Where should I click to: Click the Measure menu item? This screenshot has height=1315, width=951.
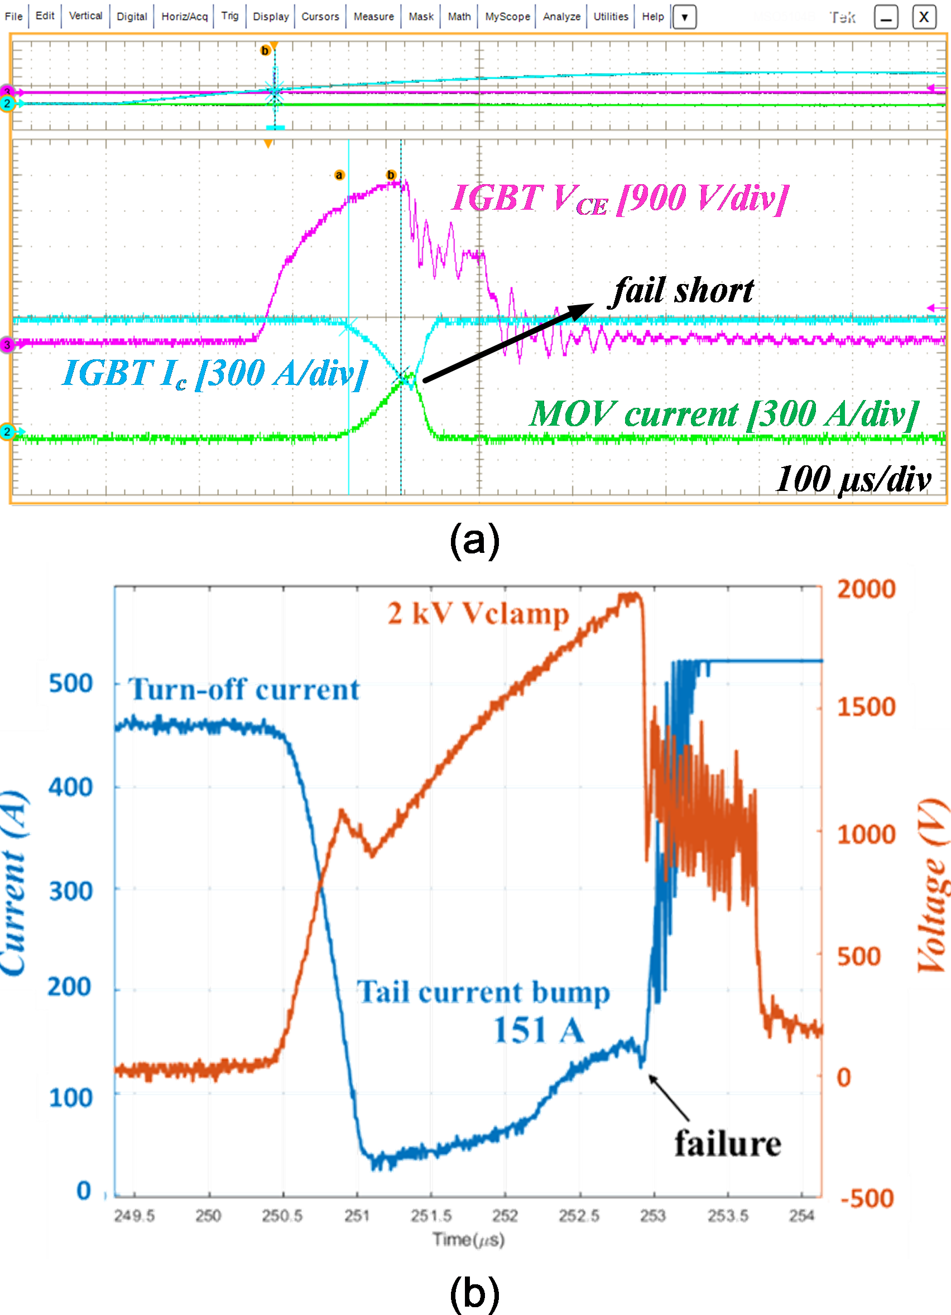[373, 16]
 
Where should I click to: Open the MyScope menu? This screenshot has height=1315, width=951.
[507, 16]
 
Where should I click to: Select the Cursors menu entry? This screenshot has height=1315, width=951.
[320, 16]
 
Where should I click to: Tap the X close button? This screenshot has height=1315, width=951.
[924, 17]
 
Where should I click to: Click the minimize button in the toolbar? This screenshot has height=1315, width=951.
[886, 17]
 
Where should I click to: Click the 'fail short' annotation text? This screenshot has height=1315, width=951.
[683, 290]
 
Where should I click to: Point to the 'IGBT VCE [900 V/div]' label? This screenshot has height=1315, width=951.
[620, 199]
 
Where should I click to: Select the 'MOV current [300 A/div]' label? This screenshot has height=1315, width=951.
[724, 414]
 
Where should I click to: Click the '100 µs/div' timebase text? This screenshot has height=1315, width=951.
[853, 479]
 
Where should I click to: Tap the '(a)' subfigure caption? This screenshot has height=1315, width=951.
[474, 541]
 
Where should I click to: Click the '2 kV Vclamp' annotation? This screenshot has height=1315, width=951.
[479, 614]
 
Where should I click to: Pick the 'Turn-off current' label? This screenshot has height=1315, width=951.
[243, 690]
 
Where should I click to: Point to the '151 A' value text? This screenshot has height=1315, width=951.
[539, 1031]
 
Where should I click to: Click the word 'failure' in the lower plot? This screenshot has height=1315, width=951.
[728, 1143]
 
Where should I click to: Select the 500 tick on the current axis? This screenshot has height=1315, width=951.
[71, 683]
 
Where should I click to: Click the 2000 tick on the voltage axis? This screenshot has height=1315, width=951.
[866, 589]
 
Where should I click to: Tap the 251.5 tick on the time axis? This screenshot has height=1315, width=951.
[431, 1215]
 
